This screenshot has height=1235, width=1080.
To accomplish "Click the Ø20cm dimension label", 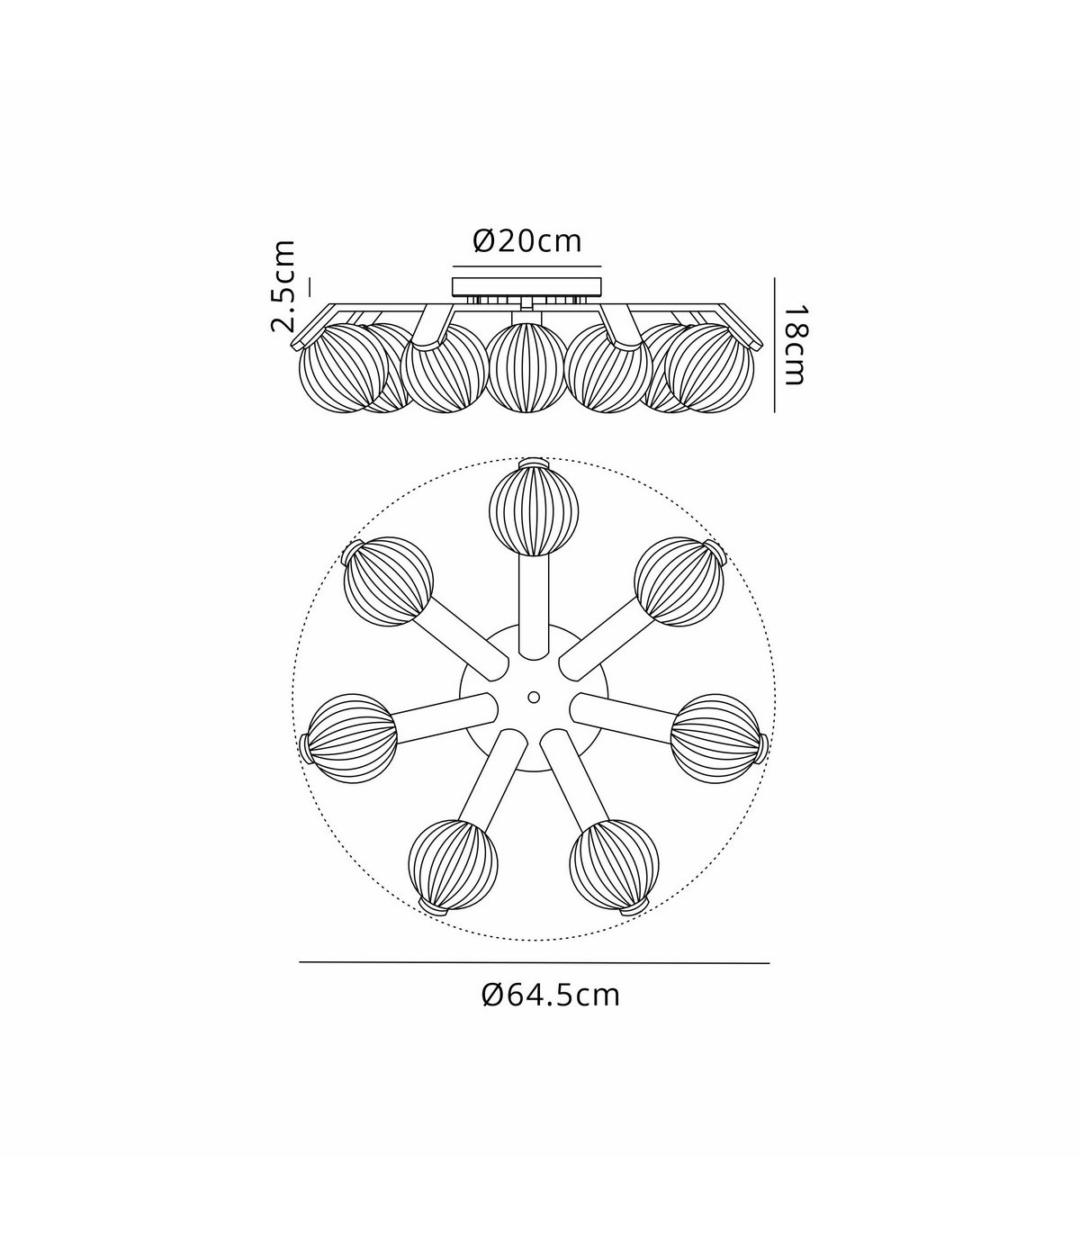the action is coord(527,241).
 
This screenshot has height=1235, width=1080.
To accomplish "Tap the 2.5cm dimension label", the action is coord(283,286).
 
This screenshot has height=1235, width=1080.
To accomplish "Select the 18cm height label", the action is coord(795,345).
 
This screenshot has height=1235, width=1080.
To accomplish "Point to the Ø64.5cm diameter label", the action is coord(551,996).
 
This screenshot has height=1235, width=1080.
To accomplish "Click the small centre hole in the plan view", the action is coord(534,697).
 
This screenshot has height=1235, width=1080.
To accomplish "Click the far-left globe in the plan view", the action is coord(353,738).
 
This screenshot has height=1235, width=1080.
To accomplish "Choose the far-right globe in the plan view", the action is coord(715,739).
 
